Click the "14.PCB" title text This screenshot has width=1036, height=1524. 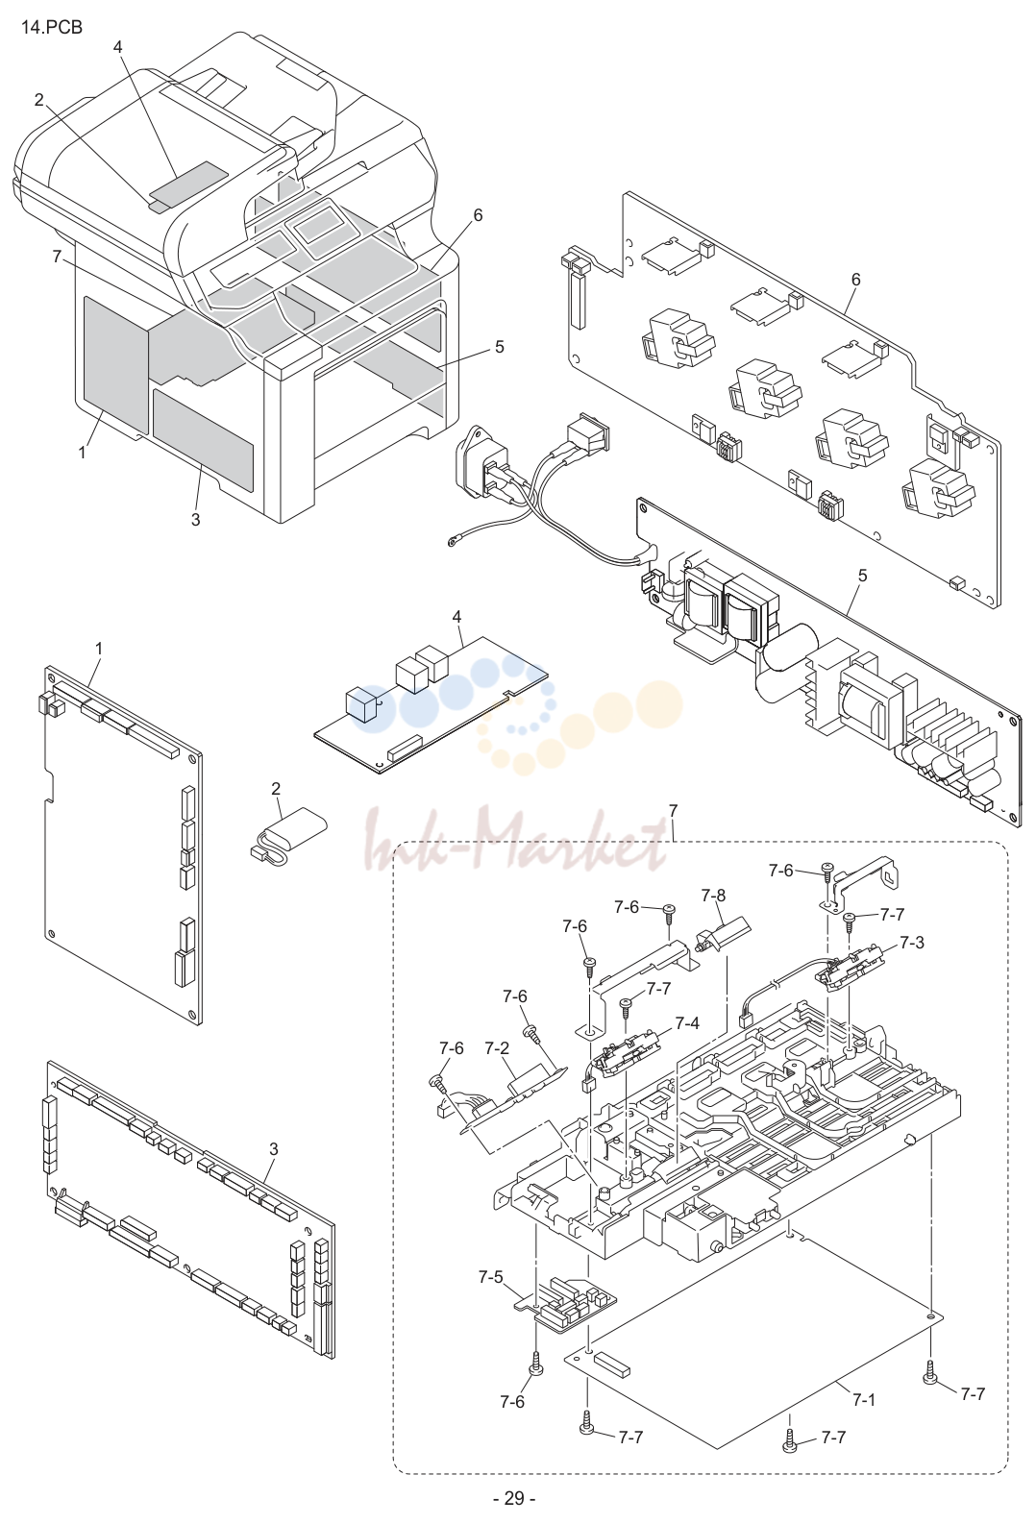tap(51, 28)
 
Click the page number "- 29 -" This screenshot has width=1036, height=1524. tap(513, 1497)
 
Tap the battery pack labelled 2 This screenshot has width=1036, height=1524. tap(288, 833)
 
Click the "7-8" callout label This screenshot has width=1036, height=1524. tap(713, 896)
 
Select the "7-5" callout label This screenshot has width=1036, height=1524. tap(490, 1276)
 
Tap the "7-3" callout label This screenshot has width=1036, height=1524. tap(911, 943)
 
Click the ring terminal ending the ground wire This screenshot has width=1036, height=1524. tap(452, 542)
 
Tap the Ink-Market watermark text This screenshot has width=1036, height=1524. tap(515, 840)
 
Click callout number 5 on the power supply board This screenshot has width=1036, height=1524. tap(863, 575)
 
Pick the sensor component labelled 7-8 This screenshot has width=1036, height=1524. tap(721, 933)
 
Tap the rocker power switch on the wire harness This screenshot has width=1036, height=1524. tap(589, 431)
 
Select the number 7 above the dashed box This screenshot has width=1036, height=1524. tap(673, 811)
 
